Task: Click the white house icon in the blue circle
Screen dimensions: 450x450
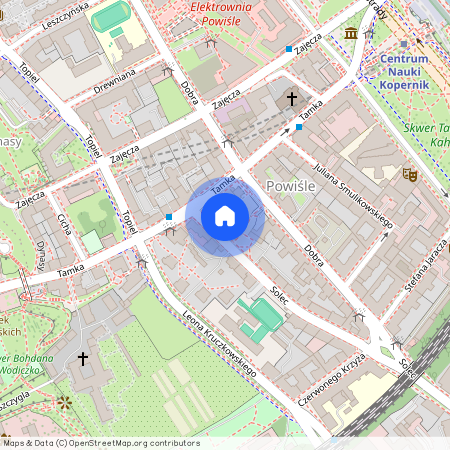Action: (x=225, y=216)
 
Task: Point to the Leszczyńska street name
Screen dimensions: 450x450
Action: (x=63, y=19)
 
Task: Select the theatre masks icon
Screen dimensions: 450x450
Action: (x=408, y=173)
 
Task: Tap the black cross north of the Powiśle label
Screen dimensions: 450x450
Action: (x=292, y=99)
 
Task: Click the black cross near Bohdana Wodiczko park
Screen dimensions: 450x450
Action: (x=83, y=357)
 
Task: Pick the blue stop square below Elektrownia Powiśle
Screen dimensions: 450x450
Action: (x=289, y=48)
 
